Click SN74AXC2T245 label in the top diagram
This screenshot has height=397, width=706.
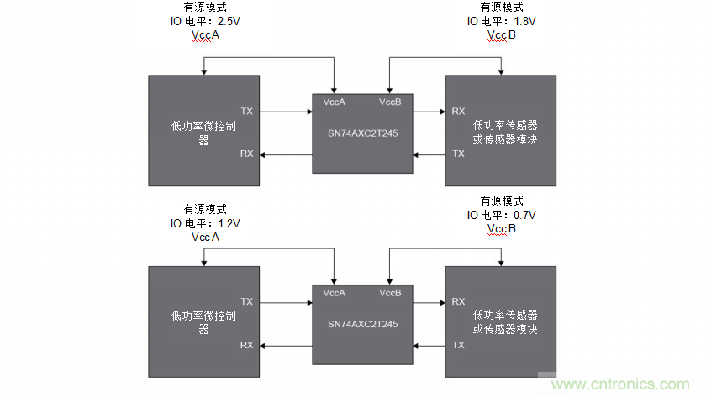362,133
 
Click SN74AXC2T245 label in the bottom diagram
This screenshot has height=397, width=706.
362,324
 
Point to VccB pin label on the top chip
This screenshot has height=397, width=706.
390,102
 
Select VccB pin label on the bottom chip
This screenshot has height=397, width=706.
390,293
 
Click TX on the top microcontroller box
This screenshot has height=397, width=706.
246,111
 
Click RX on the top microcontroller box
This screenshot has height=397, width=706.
246,154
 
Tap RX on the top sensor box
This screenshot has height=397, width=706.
458,111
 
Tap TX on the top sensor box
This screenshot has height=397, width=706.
458,154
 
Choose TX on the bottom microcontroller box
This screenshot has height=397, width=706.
246,301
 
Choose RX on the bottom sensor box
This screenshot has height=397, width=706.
458,301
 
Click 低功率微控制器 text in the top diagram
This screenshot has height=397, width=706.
203,126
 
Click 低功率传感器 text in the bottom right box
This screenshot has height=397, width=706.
505,315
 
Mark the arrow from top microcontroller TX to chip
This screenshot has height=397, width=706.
286,111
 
